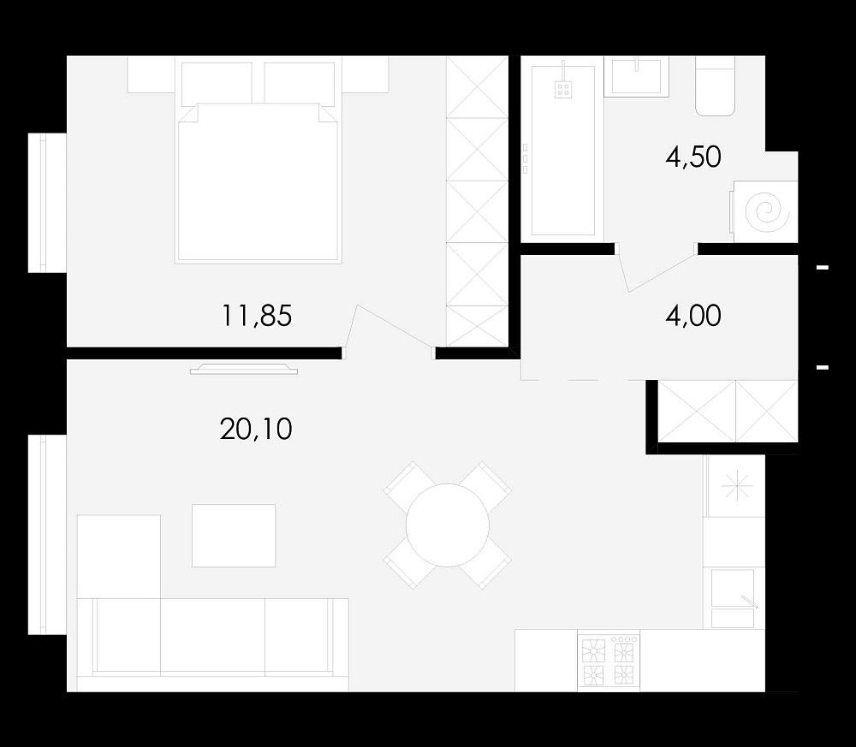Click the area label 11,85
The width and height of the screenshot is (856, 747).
257,316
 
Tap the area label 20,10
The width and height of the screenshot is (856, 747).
256,429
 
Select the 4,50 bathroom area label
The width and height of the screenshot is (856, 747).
693,157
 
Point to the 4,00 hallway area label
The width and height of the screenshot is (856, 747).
693,316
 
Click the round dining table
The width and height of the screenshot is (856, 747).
447,525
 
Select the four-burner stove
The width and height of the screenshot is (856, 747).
609,661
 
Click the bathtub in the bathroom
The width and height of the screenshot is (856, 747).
562,151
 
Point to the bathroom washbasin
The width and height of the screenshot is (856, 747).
637,76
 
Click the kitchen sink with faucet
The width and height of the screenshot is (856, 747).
733,598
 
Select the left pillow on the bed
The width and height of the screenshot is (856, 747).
217,84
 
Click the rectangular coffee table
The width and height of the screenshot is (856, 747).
234,536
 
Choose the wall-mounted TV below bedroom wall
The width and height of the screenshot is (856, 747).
244,370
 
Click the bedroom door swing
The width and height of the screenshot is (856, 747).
394,326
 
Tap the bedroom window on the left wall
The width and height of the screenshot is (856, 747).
47,203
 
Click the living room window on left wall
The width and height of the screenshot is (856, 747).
47,535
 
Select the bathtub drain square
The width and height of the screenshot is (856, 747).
563,90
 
